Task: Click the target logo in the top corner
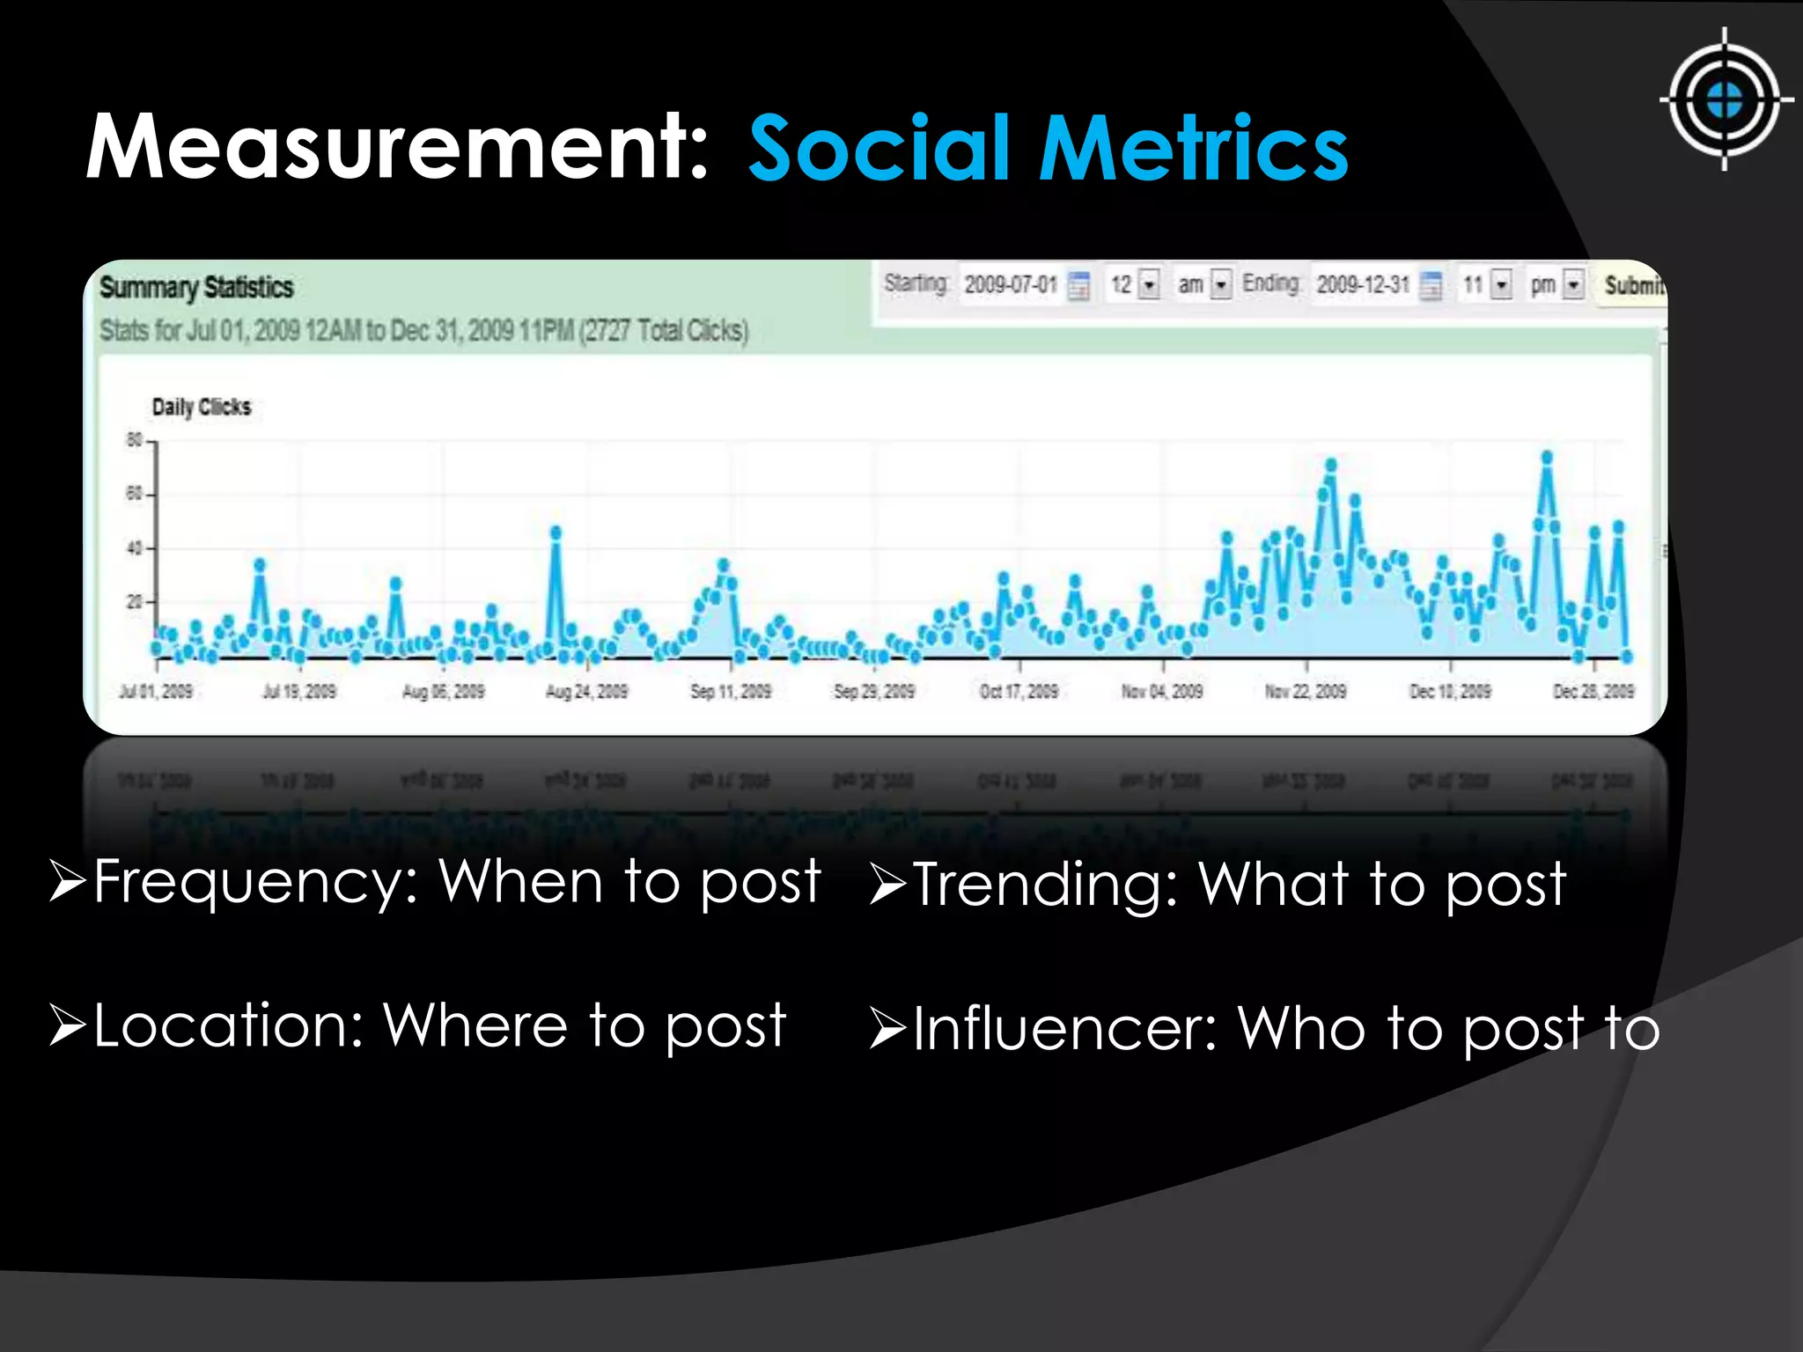(1724, 99)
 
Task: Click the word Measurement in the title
(397, 148)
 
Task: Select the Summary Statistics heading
(195, 287)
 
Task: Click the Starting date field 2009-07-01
(1010, 284)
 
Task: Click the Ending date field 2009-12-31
(1362, 284)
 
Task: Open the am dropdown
(1221, 284)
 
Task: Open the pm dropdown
(1574, 284)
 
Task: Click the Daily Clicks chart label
(202, 407)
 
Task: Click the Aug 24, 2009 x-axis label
(586, 691)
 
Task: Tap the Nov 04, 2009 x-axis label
(1161, 691)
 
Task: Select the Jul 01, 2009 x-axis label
(156, 691)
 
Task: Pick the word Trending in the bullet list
(1044, 885)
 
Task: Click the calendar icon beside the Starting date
(1078, 285)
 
